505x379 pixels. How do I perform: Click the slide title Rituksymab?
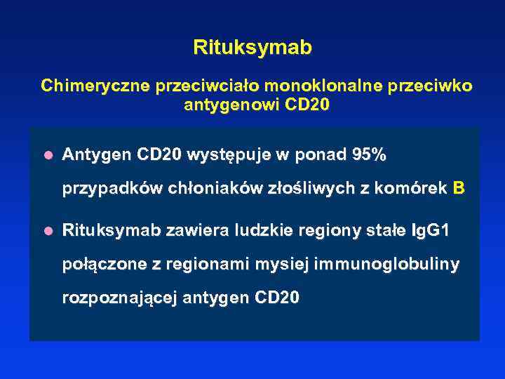[x=252, y=48]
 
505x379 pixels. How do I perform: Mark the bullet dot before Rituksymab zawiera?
[x=48, y=230]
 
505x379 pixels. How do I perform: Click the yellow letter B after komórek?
[x=459, y=188]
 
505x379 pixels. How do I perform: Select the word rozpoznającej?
[x=119, y=298]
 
